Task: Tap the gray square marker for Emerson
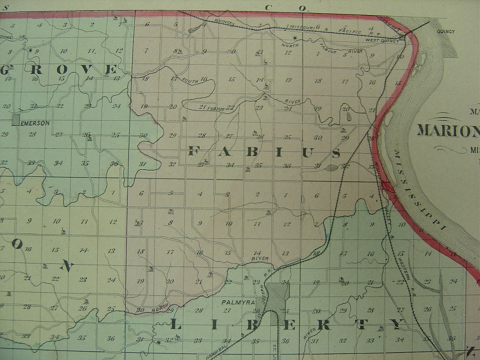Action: (x=16, y=120)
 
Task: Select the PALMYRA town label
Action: (x=235, y=303)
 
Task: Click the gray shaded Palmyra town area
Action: (x=277, y=295)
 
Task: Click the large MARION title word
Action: (x=447, y=130)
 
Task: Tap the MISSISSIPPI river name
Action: (x=421, y=188)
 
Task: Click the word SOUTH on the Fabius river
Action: (x=190, y=81)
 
